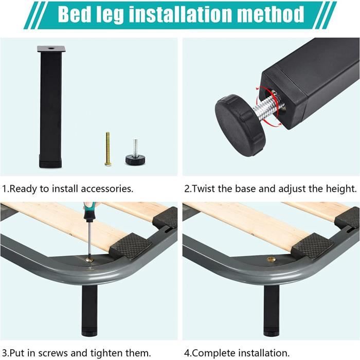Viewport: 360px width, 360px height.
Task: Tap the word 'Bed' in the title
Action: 75,15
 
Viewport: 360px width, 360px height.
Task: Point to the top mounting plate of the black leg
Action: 50,49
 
